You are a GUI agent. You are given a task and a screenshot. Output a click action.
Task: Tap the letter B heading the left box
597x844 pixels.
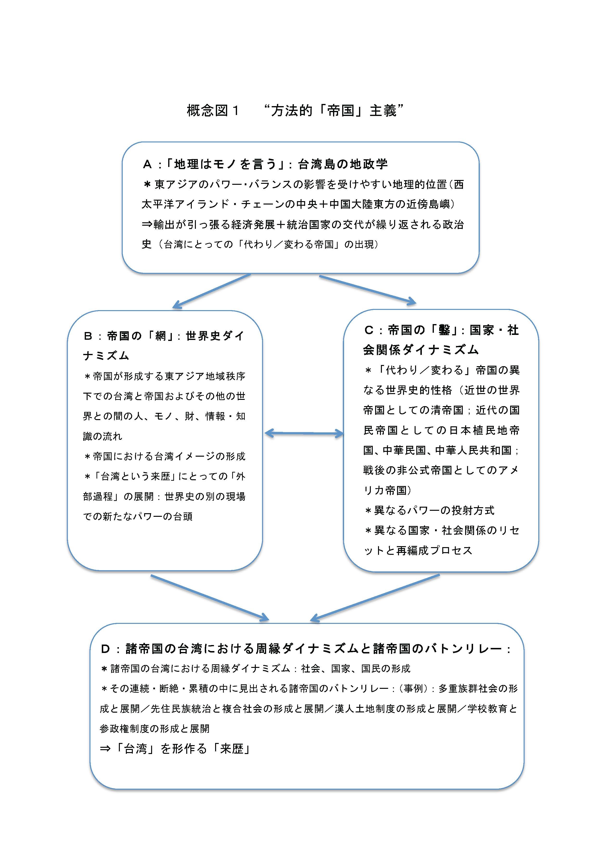(88, 336)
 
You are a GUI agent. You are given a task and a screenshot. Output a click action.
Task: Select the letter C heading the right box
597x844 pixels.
(369, 330)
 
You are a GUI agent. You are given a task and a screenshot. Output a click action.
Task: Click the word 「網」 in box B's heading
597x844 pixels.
(161, 336)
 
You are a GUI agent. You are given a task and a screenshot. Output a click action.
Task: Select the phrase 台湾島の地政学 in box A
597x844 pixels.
(343, 164)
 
